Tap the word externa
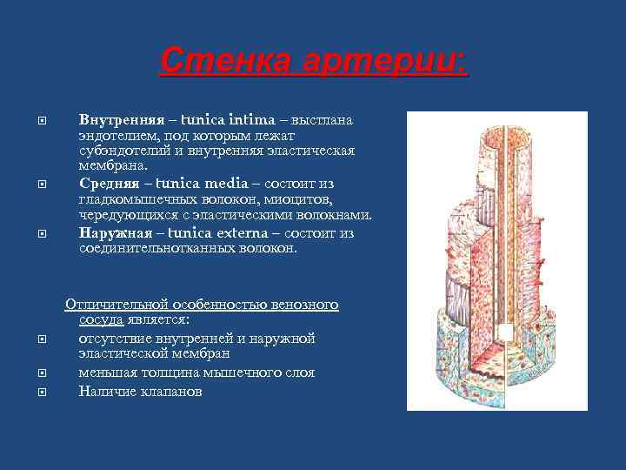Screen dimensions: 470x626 coord(236,232)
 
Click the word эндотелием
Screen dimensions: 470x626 coord(113,135)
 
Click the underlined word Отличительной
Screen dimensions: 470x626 coord(110,305)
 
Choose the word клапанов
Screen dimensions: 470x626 coord(173,391)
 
